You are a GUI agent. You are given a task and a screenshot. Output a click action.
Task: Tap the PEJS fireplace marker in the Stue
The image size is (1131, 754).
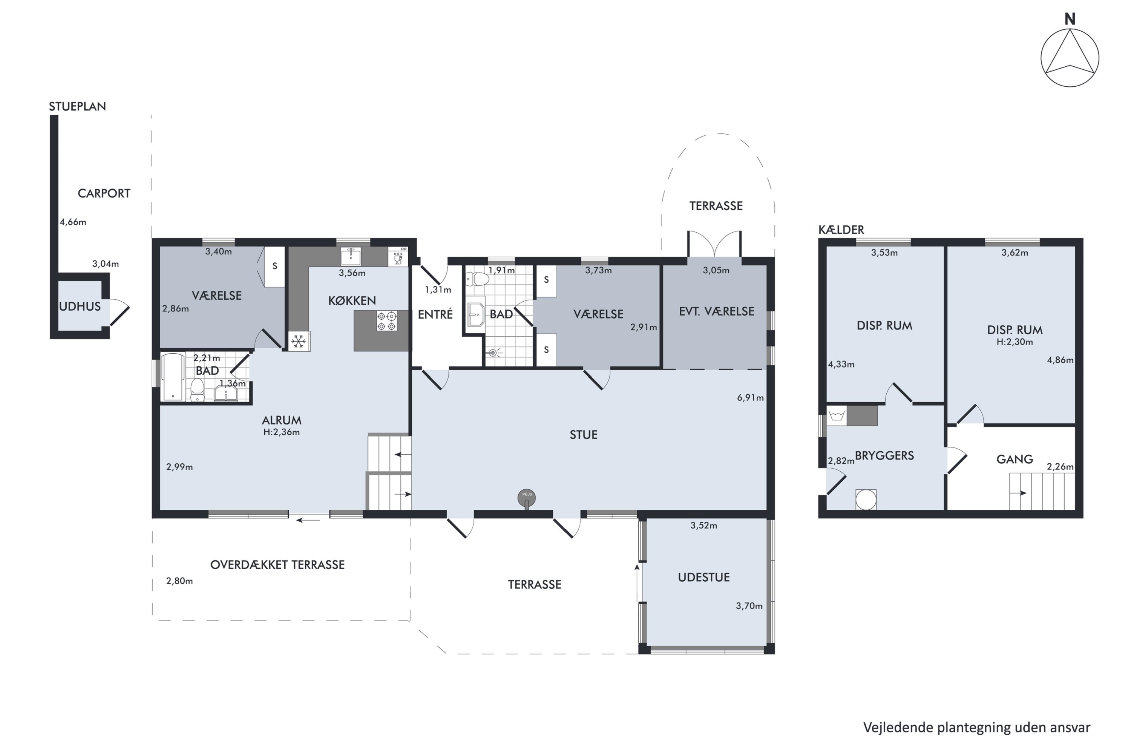click(527, 498)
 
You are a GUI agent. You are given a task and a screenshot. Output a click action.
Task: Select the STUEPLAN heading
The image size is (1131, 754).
click(77, 106)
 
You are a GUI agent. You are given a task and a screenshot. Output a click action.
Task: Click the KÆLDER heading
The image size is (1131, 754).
click(841, 230)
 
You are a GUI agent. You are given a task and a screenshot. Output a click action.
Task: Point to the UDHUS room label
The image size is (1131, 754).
click(80, 306)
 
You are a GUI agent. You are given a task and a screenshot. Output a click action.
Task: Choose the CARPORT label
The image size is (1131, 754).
click(104, 193)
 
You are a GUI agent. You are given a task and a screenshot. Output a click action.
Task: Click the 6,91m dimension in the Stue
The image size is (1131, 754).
click(750, 398)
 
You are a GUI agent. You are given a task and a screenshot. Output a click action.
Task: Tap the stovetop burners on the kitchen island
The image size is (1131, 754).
click(387, 321)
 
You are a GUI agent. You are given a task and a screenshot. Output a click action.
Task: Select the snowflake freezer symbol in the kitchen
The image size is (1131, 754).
click(299, 342)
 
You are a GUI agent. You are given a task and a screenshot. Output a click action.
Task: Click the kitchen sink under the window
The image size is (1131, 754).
click(351, 256)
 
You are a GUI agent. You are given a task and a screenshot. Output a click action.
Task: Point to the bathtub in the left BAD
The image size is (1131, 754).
click(173, 377)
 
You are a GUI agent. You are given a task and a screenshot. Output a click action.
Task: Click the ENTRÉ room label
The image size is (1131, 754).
click(435, 314)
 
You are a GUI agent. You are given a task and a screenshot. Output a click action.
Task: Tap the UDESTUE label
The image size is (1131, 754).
click(703, 578)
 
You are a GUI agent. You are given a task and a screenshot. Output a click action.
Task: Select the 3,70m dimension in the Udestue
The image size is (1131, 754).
click(749, 606)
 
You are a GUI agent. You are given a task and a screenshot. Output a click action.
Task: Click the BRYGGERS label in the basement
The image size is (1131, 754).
click(884, 456)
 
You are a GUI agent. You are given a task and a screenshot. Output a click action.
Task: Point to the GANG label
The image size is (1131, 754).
click(1015, 459)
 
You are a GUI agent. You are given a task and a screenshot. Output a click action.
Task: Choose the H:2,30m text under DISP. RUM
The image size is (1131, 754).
click(1015, 342)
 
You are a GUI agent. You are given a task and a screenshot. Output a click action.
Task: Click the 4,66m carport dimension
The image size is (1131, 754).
click(73, 222)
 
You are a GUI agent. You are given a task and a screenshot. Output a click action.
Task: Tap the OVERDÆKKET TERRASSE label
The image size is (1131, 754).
click(277, 564)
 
